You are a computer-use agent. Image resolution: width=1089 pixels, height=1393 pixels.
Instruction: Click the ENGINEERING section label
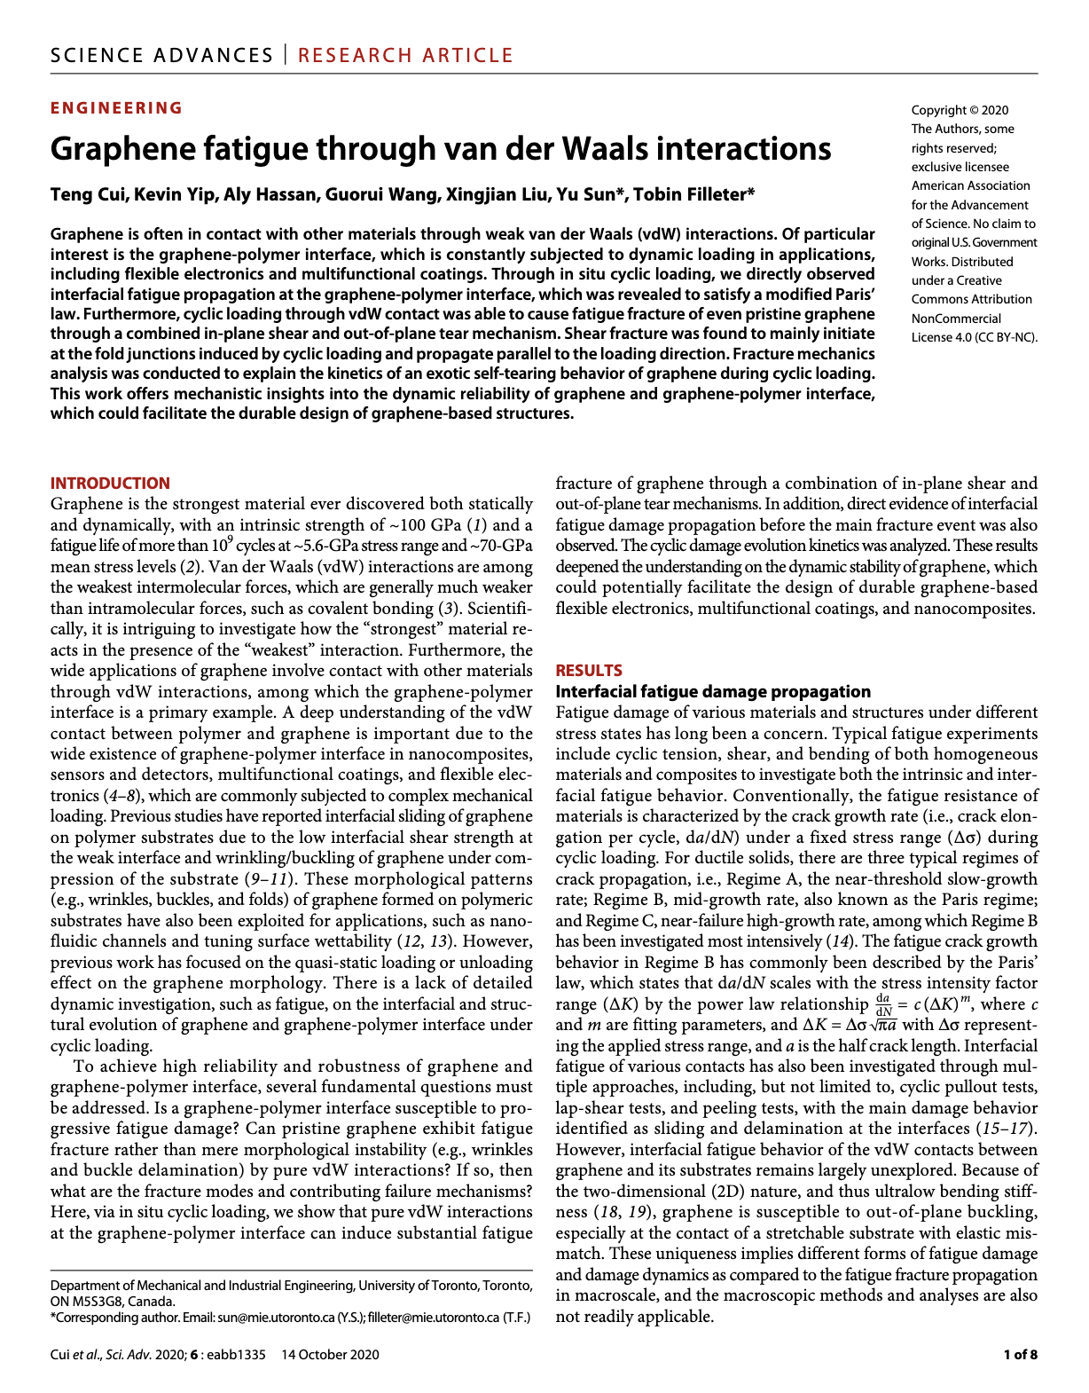116,108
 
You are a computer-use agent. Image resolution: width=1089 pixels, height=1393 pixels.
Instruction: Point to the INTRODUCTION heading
110,484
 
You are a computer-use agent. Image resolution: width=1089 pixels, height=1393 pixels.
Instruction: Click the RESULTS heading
589,671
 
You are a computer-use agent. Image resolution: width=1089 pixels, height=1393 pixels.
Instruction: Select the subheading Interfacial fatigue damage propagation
713,691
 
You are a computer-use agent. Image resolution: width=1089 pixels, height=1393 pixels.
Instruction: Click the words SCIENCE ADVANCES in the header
162,55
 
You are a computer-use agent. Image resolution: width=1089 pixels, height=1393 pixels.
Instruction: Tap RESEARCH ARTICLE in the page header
405,55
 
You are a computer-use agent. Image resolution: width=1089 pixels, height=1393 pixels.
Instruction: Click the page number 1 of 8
1020,1354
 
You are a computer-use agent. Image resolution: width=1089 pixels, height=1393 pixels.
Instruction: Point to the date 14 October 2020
330,1354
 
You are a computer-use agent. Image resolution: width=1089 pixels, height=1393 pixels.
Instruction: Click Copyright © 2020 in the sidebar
960,110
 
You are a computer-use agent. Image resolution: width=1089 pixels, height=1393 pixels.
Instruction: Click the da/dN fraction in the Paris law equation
882,1005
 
